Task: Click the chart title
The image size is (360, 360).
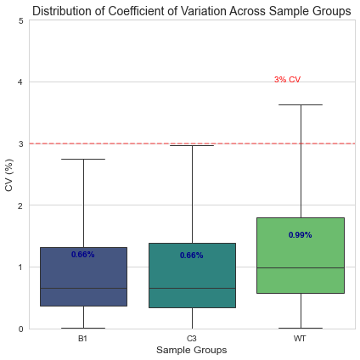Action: [192, 11]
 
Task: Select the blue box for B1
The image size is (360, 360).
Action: [83, 277]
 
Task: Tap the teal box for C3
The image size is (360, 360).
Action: [192, 275]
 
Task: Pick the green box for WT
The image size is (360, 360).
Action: [301, 256]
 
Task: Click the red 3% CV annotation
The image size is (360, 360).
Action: [287, 80]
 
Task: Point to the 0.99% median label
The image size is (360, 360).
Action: [301, 235]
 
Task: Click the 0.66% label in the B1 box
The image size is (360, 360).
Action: [83, 255]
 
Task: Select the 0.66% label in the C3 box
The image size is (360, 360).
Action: [192, 256]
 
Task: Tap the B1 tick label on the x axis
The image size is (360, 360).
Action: [82, 339]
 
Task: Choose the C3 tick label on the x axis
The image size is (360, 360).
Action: [192, 339]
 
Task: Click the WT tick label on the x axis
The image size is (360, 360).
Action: [300, 339]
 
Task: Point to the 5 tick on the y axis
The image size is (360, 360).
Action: [20, 20]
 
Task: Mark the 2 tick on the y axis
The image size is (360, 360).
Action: [20, 205]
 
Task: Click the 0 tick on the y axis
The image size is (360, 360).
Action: [20, 329]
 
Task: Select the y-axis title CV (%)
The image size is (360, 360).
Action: [9, 175]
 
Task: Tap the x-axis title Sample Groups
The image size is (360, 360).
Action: [192, 350]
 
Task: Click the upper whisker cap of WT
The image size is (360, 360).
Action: [301, 104]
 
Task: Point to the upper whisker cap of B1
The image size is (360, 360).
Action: [83, 159]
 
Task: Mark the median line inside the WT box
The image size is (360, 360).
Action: [301, 267]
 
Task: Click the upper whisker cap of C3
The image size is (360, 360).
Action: [192, 145]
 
